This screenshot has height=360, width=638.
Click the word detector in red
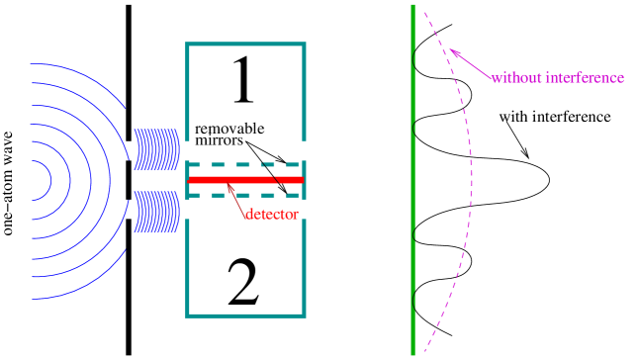271,214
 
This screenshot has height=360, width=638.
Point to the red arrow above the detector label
235,198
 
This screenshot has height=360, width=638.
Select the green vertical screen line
412,178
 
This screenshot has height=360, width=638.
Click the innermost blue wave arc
46,180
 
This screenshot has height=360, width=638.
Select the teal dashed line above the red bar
245,164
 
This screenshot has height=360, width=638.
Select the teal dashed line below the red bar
245,195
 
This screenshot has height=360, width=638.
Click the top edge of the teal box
245,45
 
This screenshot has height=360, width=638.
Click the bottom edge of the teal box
245,315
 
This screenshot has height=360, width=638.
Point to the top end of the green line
412,6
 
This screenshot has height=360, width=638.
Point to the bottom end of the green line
412,353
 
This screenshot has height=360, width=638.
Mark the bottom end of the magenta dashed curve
424,351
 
